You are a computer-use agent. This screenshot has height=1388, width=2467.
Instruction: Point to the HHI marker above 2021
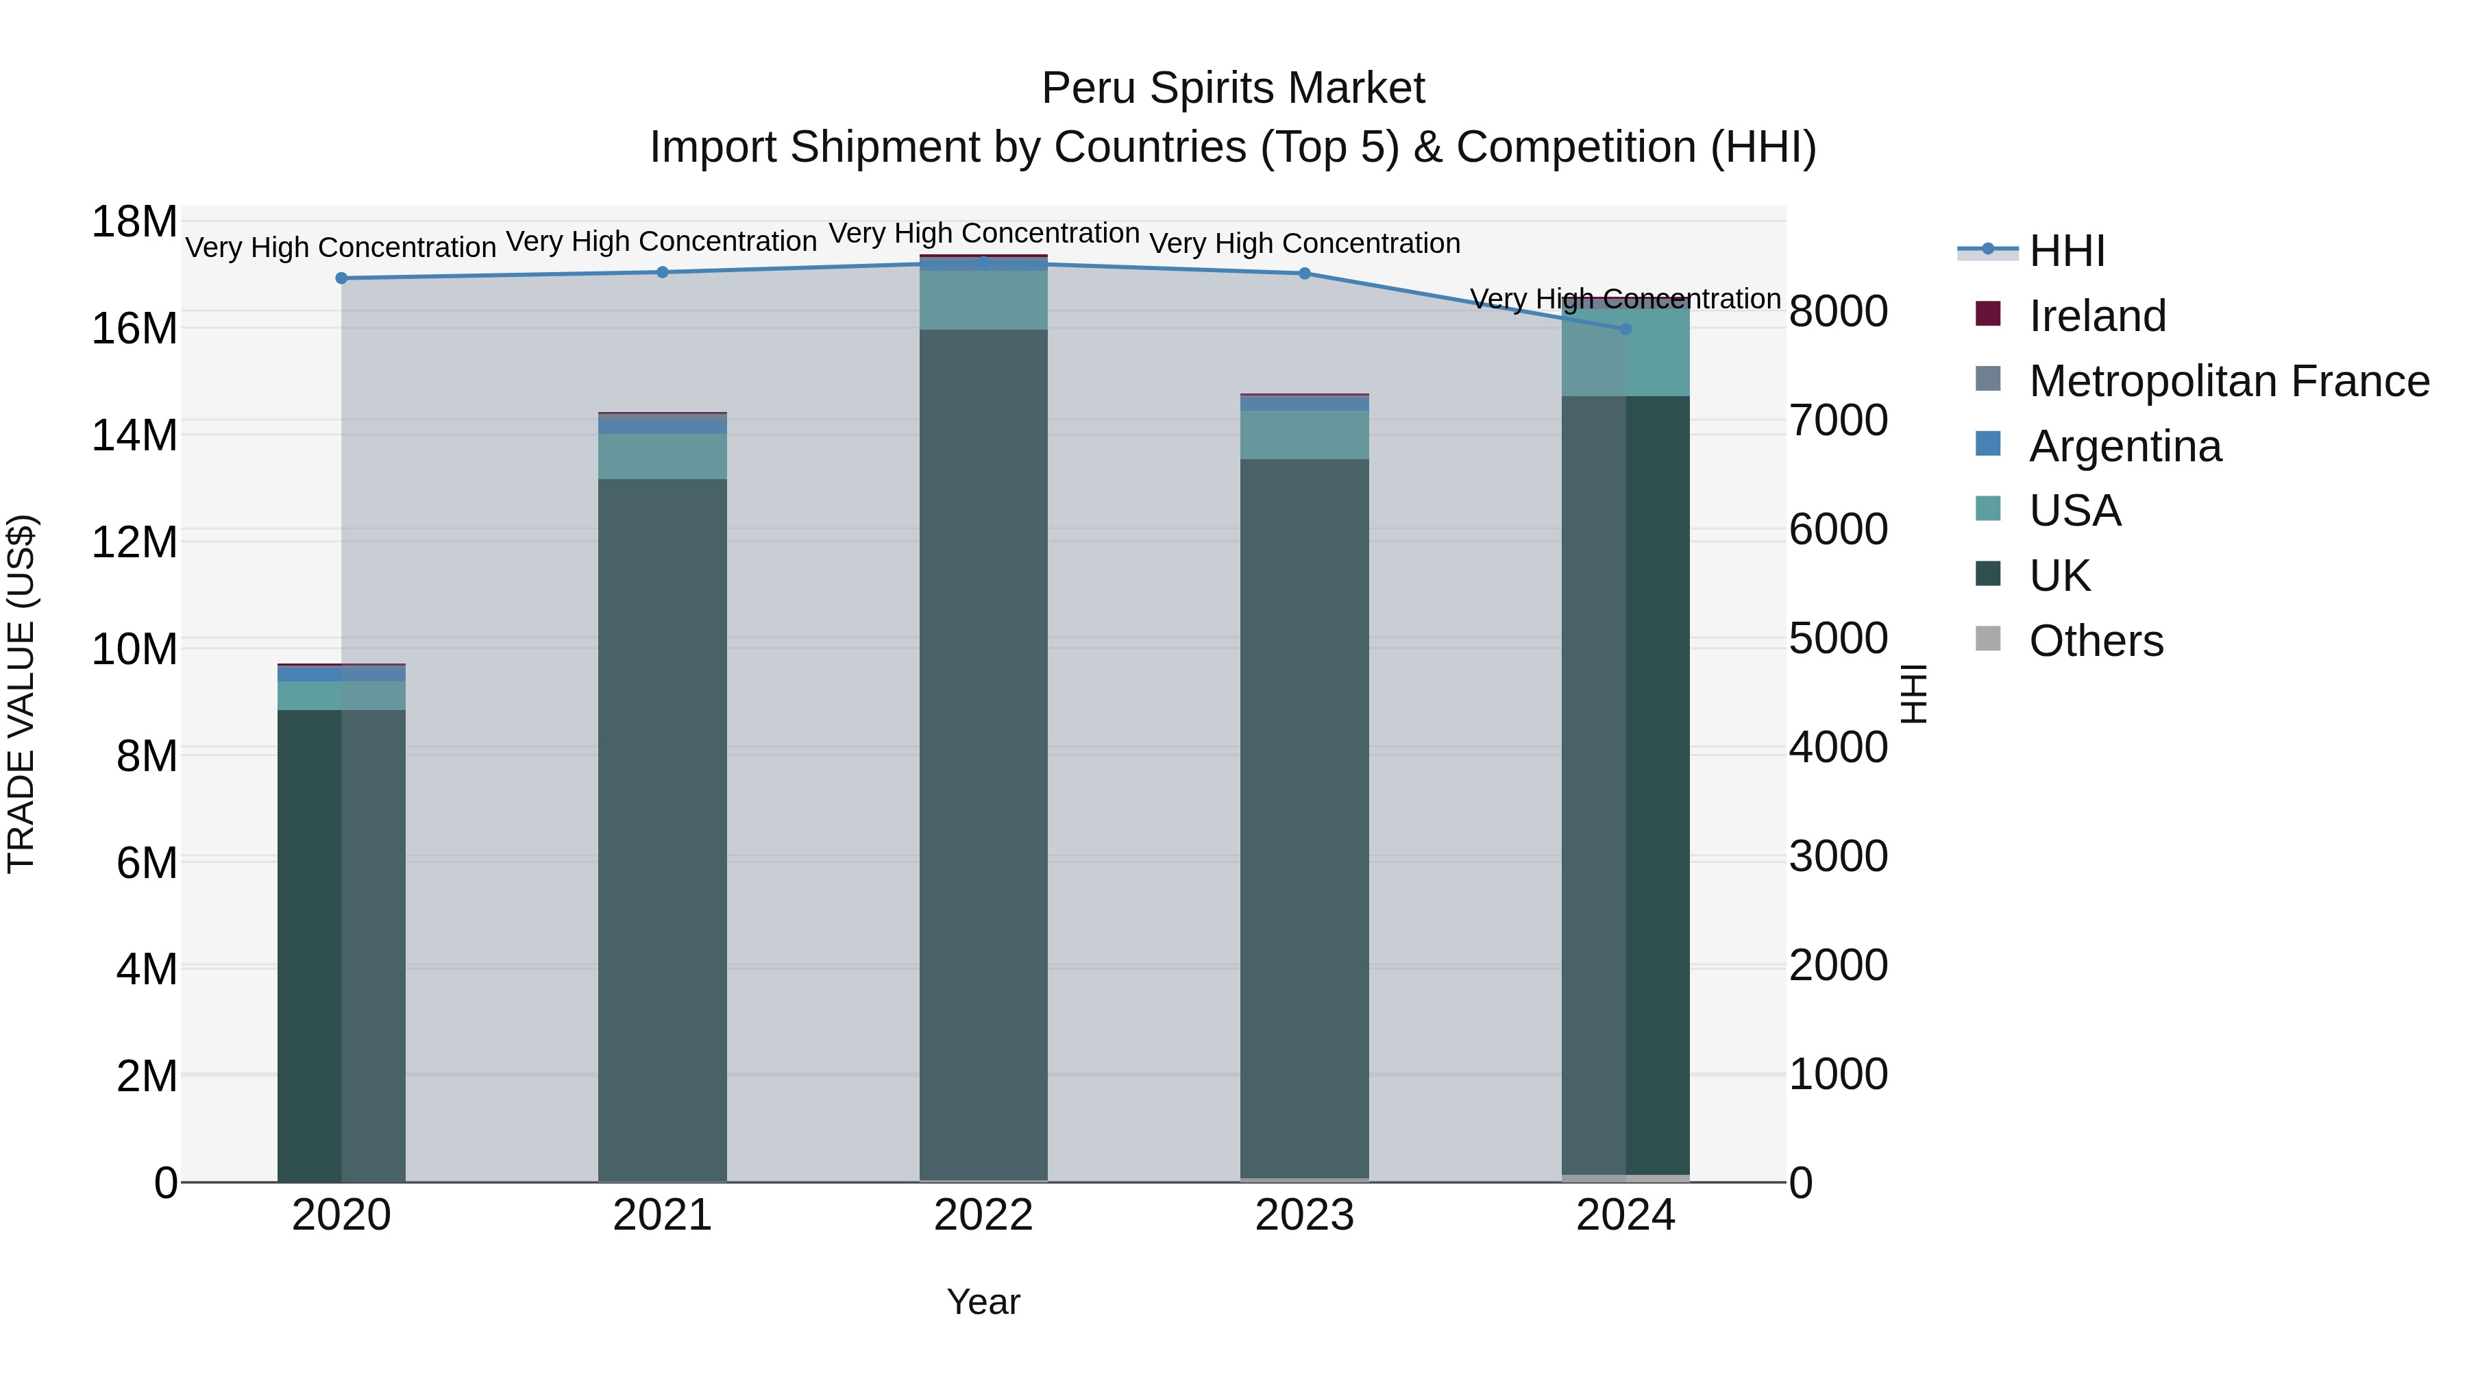pyautogui.click(x=662, y=272)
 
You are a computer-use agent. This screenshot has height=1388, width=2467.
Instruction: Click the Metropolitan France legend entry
pyautogui.click(x=2228, y=381)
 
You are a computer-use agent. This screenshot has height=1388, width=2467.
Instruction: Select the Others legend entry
pyautogui.click(x=2096, y=641)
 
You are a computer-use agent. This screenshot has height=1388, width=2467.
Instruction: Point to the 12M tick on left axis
pyautogui.click(x=134, y=543)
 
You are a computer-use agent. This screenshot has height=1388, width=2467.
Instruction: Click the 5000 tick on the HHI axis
pyautogui.click(x=1838, y=639)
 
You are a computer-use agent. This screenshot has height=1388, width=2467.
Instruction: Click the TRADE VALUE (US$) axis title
pyautogui.click(x=21, y=694)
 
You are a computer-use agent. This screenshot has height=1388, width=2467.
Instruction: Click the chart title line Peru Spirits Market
pyautogui.click(x=1233, y=88)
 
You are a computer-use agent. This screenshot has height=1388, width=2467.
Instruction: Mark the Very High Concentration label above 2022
pyautogui.click(x=983, y=234)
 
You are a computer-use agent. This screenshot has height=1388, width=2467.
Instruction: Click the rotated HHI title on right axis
pyautogui.click(x=1913, y=694)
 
